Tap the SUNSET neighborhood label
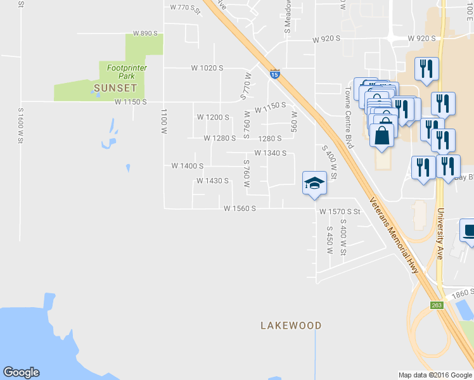[x=115, y=87]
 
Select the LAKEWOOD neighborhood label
[x=291, y=326]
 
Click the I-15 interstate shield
[x=274, y=74]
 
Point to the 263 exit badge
[x=437, y=305]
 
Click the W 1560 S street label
[x=240, y=208]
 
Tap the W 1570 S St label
[x=340, y=212]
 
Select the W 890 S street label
[x=145, y=34]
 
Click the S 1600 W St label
[x=20, y=125]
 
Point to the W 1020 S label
[x=208, y=68]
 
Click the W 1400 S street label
[x=187, y=166]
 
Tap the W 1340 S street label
[x=271, y=153]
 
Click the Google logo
[x=21, y=372]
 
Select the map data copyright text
[x=435, y=375]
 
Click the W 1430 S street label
[x=212, y=181]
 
